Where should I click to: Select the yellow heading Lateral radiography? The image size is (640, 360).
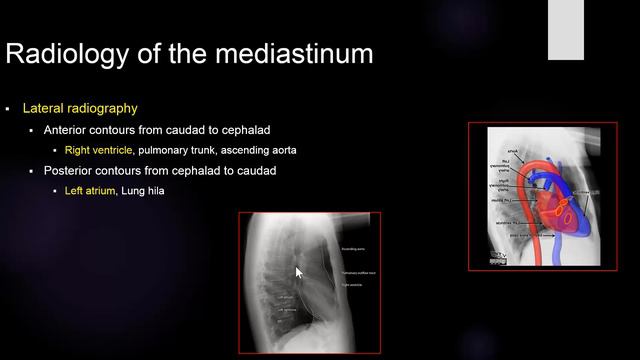click(x=80, y=108)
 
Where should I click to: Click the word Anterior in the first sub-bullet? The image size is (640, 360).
click(x=69, y=130)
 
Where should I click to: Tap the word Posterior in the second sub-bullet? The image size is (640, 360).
click(x=71, y=171)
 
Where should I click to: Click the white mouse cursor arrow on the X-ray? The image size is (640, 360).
click(x=298, y=271)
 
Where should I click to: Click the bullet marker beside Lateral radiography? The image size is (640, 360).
click(x=8, y=108)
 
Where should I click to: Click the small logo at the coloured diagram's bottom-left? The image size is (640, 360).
click(x=497, y=257)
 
